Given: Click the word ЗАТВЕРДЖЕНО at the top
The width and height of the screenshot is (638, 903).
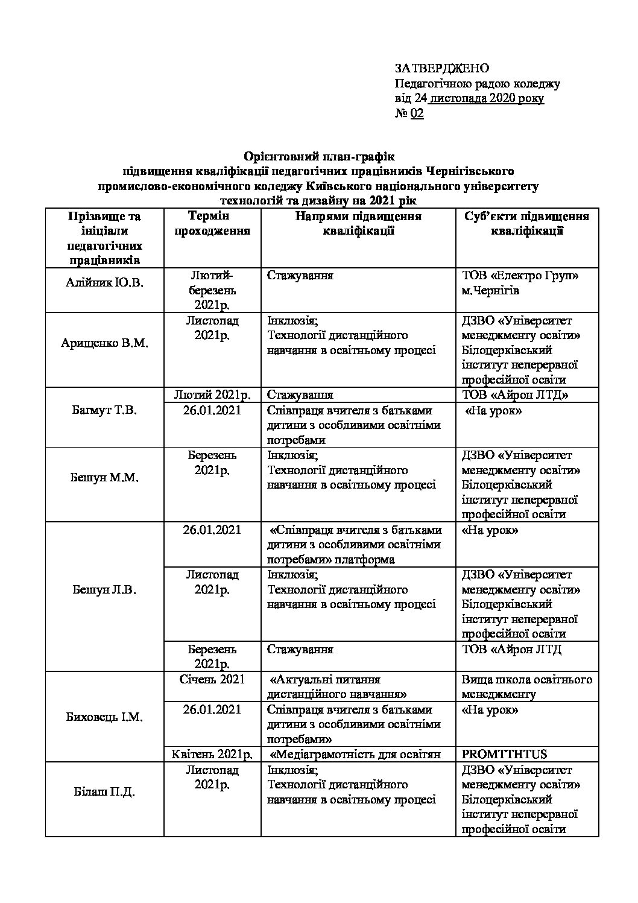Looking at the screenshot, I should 441,68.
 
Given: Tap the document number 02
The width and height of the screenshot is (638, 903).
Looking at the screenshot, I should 417,113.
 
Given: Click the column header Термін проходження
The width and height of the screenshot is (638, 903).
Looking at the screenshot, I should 212,223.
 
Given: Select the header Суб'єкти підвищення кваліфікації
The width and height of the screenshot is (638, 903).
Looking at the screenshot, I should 527,223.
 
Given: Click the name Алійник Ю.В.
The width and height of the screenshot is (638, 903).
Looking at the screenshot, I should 104,283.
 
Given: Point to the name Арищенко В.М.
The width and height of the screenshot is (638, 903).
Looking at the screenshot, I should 104,343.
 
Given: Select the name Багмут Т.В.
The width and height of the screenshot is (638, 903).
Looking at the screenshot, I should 104,410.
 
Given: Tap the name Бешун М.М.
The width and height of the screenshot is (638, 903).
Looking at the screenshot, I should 104,478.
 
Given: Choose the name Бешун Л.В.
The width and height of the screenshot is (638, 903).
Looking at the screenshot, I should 104,589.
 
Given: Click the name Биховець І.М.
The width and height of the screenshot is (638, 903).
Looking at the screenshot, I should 104,717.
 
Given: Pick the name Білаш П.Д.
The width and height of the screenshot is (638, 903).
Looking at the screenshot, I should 104,791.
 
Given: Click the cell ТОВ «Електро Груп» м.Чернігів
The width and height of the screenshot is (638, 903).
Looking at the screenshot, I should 520,283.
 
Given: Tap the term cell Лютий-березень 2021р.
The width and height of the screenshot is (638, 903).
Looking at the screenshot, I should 212,290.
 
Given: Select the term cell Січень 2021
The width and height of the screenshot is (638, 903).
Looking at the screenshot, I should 212,679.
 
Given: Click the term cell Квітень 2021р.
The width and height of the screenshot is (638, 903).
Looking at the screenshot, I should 212,754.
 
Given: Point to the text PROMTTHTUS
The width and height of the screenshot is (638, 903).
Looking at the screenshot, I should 504,754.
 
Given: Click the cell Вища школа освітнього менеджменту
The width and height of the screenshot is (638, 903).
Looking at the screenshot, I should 527,686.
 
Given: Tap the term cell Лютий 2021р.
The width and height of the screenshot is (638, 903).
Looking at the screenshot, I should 212,395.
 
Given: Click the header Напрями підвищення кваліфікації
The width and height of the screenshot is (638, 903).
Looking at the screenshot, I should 358,223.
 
